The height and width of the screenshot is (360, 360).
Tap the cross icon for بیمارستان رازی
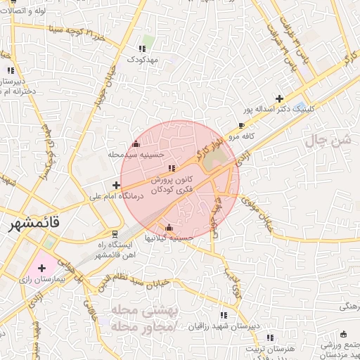[x=41, y=268]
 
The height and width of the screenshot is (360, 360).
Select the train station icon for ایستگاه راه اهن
[x=115, y=233]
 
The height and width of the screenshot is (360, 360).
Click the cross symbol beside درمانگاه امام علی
[x=116, y=185]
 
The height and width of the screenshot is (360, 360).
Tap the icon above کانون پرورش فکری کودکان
[x=172, y=168]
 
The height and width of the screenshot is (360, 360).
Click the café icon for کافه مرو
[x=243, y=124]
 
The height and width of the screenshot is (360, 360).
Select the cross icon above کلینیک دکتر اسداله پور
[x=280, y=98]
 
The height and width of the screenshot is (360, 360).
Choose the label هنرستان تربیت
[x=269, y=349]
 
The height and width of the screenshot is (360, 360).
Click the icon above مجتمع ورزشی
[x=343, y=334]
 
